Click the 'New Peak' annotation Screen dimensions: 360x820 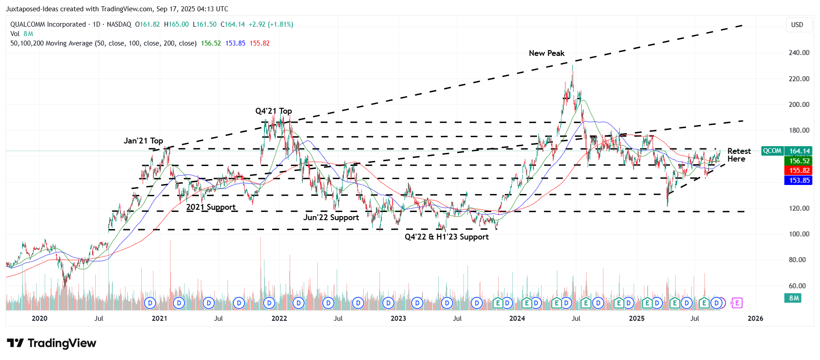point(546,53)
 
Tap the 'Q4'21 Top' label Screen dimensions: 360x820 point(273,111)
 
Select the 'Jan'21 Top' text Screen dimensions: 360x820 point(143,141)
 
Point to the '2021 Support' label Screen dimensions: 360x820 point(211,207)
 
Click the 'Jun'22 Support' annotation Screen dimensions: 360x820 point(331,217)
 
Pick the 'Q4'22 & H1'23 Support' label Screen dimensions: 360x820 point(446,237)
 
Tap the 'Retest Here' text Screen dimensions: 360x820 point(738,155)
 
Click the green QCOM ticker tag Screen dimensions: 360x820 point(772,151)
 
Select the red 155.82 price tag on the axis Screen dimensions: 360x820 point(799,171)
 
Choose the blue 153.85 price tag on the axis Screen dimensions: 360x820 point(799,180)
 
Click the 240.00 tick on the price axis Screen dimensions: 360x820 point(799,53)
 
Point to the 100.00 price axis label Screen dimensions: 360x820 point(799,234)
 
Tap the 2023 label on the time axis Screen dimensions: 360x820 point(398,318)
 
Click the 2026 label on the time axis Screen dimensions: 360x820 point(755,318)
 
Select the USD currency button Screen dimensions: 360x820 point(797,25)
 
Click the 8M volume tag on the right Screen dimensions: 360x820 point(794,298)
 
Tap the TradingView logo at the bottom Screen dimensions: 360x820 point(51,343)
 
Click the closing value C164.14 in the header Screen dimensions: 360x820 point(232,24)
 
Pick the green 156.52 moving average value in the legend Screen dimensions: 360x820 point(211,43)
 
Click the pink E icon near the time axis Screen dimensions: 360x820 point(737,303)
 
